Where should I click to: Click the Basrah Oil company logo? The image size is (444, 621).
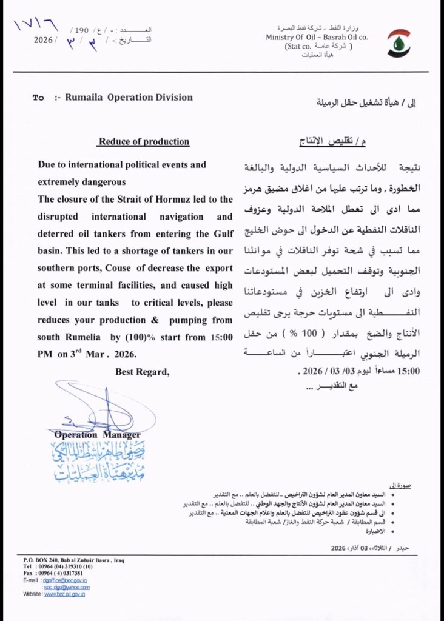click(x=399, y=42)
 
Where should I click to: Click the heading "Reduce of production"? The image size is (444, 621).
click(x=144, y=142)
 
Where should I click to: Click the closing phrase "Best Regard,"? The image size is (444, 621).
click(x=143, y=372)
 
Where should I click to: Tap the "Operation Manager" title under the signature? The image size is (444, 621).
click(x=97, y=435)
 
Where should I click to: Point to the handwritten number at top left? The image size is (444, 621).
click(x=35, y=26)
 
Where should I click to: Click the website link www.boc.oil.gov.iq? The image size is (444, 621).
click(x=64, y=594)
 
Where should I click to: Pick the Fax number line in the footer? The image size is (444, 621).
click(x=53, y=573)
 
